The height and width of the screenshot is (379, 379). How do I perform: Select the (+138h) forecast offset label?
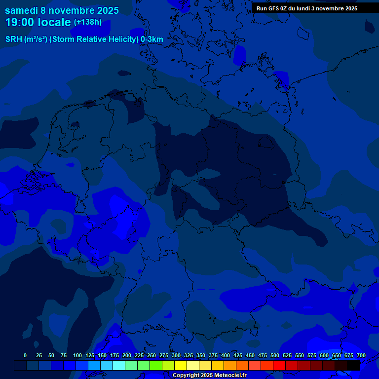[x=88, y=22]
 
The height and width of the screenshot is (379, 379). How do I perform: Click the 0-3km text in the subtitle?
[x=152, y=39]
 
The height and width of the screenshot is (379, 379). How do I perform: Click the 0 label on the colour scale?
[x=25, y=355]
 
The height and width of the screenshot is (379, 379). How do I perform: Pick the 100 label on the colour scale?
[x=77, y=355]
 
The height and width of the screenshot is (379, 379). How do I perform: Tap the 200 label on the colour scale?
[x=127, y=355]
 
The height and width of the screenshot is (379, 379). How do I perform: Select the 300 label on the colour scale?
[x=176, y=355]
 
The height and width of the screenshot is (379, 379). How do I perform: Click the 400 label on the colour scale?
[x=226, y=355]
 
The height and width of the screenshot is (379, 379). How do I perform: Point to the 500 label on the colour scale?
[x=275, y=355]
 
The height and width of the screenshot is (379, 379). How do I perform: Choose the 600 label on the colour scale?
[x=324, y=355]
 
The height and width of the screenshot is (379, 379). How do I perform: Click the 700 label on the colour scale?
[x=361, y=355]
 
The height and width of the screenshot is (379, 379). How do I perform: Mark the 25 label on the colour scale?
[x=39, y=355]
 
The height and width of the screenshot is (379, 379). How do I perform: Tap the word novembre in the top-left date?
[x=73, y=10]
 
